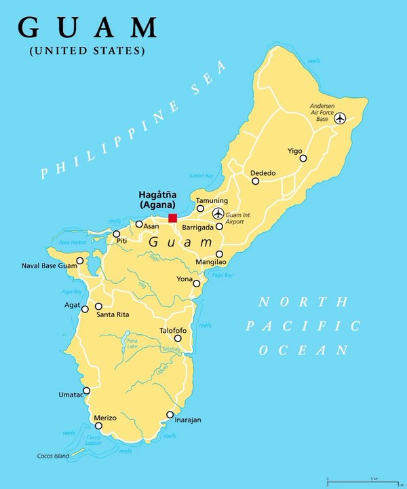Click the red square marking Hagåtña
[x=173, y=218]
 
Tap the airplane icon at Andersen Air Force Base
[x=340, y=119]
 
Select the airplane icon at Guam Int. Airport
[x=218, y=213]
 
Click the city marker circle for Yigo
[x=303, y=158]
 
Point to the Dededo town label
[x=263, y=173]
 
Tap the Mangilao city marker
[x=219, y=253]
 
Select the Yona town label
[x=184, y=278]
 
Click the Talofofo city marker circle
[x=178, y=338]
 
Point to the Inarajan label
[x=187, y=420]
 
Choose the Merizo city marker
[x=99, y=426]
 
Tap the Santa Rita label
[x=113, y=314]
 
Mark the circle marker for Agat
[x=85, y=309]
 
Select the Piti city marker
[x=116, y=234]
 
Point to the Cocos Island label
[x=52, y=456]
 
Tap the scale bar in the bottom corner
[x=363, y=481]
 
